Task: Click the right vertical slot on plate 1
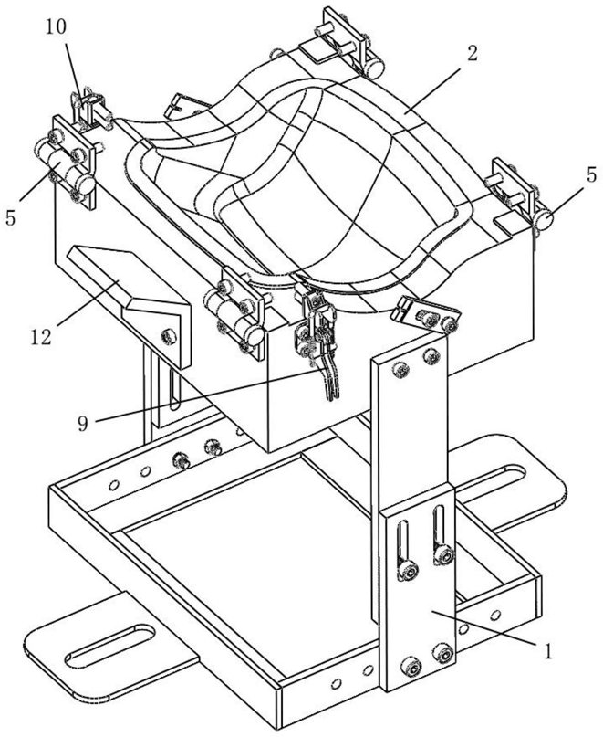(440, 534)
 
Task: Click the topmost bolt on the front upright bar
(398, 369)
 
